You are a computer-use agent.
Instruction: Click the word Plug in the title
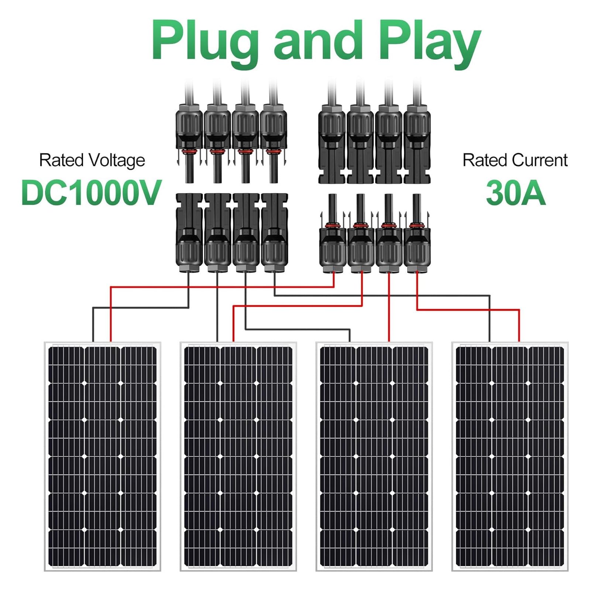(x=205, y=41)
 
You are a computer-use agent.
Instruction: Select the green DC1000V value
(x=92, y=192)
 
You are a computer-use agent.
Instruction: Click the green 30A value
(x=515, y=193)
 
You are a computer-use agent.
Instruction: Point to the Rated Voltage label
(x=92, y=160)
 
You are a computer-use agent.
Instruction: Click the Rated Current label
(x=515, y=160)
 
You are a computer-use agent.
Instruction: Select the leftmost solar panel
(x=102, y=456)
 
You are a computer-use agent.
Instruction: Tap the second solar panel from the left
(x=238, y=456)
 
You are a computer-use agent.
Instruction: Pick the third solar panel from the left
(x=374, y=456)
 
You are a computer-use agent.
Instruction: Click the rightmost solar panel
(x=510, y=456)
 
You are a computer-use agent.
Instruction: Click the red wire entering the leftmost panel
(x=110, y=317)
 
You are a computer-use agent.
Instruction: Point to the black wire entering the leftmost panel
(x=93, y=325)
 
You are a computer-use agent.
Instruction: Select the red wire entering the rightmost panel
(x=519, y=325)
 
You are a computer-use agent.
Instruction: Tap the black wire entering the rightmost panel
(x=490, y=317)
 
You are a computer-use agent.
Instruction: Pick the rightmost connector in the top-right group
(x=417, y=140)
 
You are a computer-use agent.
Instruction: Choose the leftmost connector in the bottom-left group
(x=189, y=233)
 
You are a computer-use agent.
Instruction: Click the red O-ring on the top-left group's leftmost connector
(x=189, y=151)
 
